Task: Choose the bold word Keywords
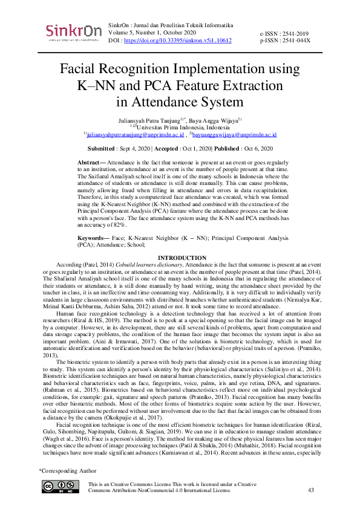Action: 93,238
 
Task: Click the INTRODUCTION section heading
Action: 180,259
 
